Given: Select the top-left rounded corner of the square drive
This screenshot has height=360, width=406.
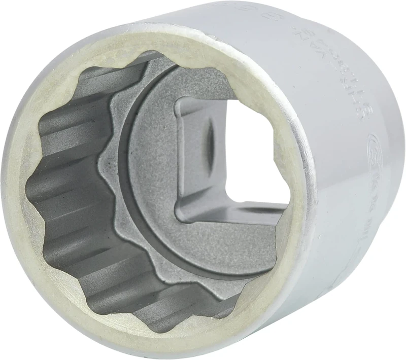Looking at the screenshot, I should click(x=180, y=101).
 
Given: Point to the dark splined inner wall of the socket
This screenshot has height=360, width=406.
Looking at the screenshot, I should click(x=66, y=203).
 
